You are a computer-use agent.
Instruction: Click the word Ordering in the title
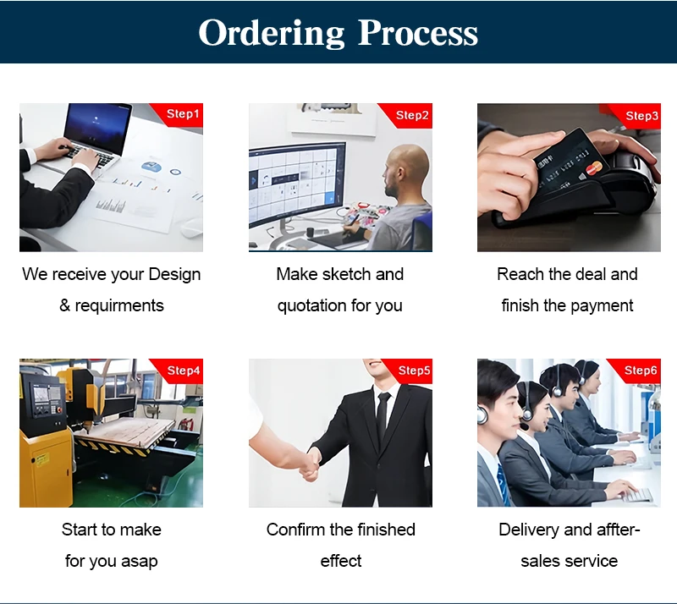[272, 34]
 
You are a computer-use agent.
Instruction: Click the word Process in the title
[418, 32]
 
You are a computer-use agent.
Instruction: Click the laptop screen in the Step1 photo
[98, 128]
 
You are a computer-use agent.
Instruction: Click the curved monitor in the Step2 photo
[297, 184]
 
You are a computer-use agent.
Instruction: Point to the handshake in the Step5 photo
[310, 464]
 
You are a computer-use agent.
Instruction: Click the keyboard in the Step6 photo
[638, 495]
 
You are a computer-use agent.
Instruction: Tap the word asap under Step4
[140, 562]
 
